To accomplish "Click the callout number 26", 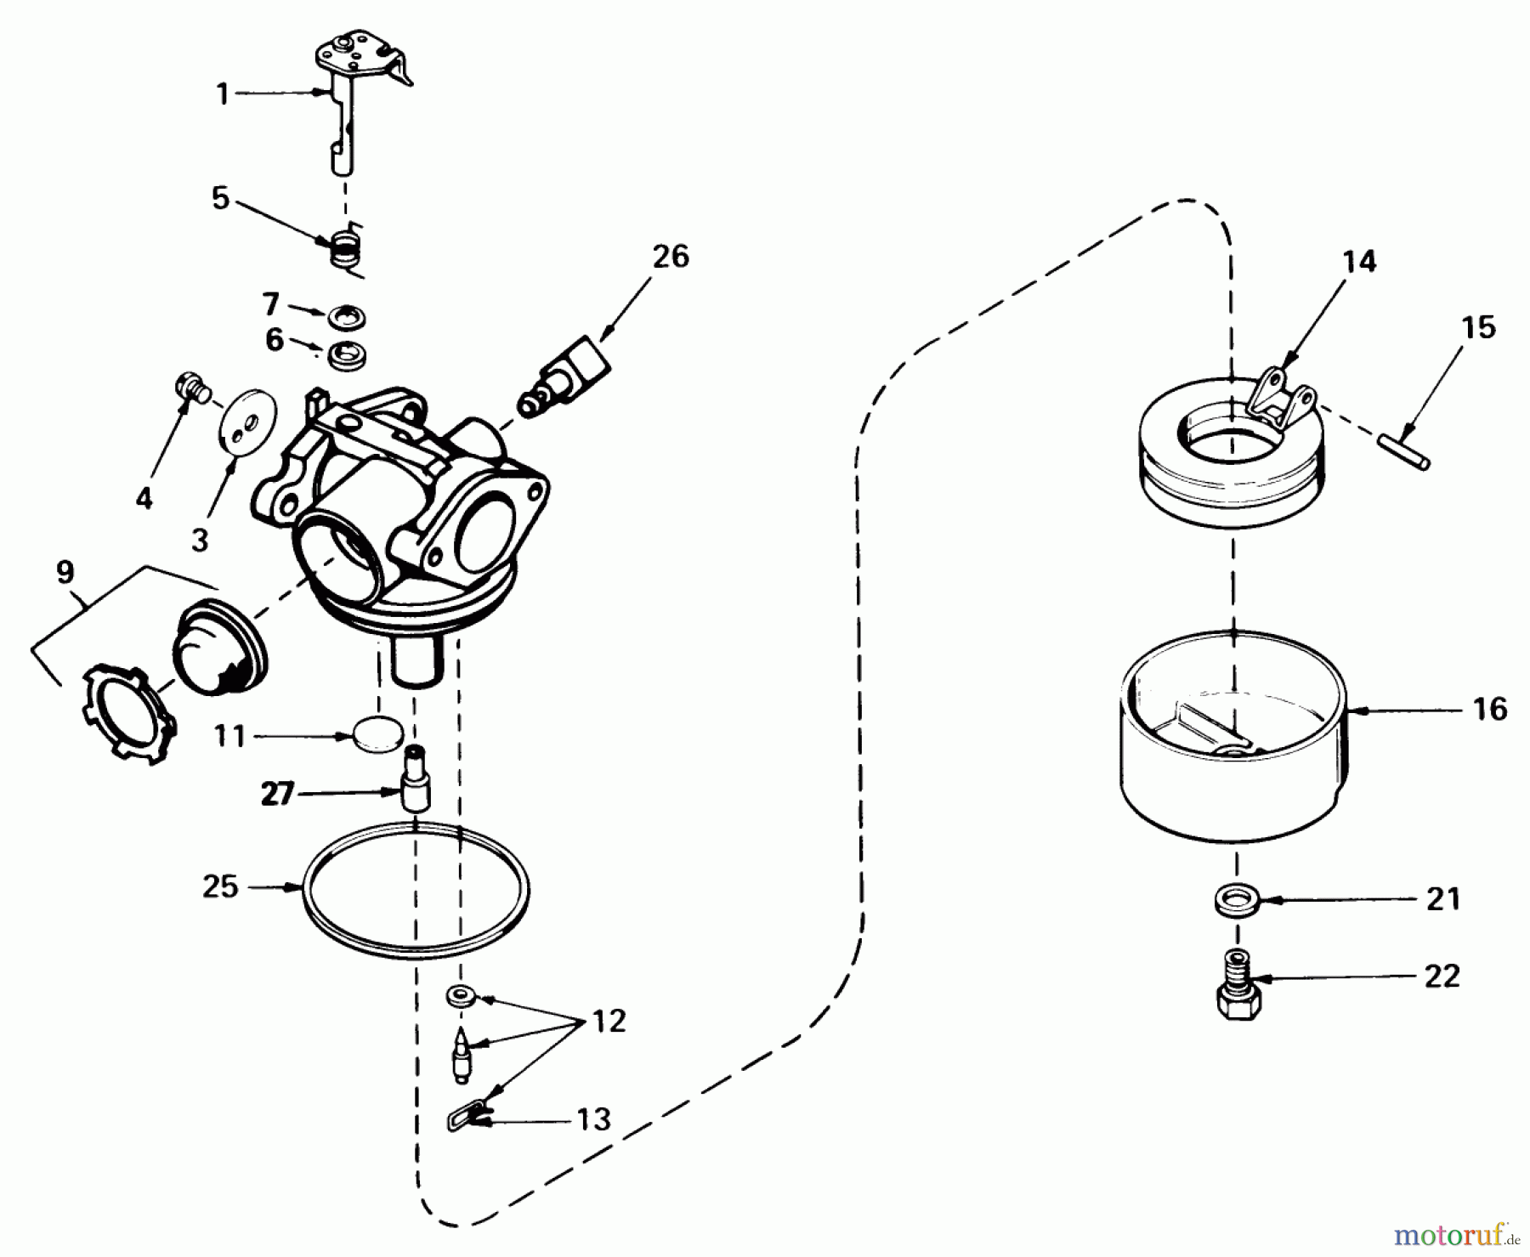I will (671, 257).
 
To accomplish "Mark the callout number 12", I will (609, 1021).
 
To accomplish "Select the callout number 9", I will (65, 572).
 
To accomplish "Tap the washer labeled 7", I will (348, 316).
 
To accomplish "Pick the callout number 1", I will (223, 93).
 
